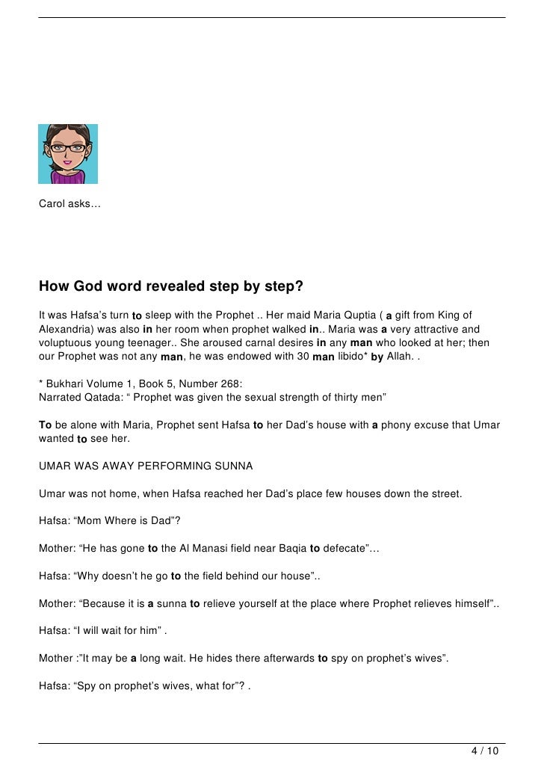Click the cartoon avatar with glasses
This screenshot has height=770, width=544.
tap(68, 154)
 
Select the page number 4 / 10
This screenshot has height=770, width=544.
tap(485, 750)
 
